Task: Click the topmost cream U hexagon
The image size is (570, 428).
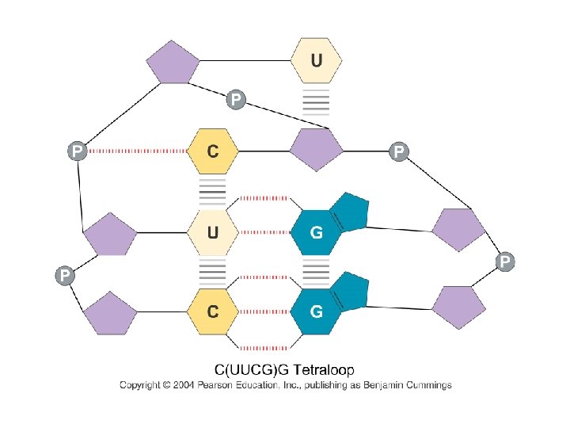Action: click(317, 61)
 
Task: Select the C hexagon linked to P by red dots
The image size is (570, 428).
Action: click(211, 151)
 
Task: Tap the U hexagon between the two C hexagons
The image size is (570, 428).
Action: click(211, 233)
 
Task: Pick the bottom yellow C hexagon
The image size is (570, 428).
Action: click(211, 311)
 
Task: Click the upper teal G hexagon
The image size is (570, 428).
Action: click(317, 233)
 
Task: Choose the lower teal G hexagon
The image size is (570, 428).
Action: click(317, 311)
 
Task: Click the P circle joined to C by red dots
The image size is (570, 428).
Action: click(77, 151)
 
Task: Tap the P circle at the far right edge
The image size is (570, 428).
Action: click(504, 260)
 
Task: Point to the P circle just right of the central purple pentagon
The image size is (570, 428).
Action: click(398, 150)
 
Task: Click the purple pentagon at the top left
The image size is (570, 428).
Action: click(173, 64)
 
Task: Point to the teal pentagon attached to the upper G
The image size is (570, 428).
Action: click(349, 210)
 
